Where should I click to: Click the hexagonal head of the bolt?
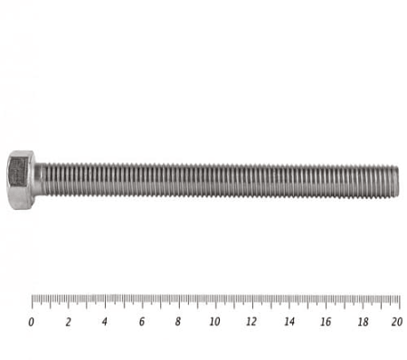click(21, 180)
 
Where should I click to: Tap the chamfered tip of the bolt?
click(396, 181)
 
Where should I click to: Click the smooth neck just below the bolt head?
click(40, 180)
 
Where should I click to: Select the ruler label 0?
click(31, 322)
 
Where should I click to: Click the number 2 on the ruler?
click(69, 322)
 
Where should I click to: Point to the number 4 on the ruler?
click(105, 322)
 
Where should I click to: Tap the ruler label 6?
click(142, 322)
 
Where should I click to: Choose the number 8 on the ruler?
click(178, 322)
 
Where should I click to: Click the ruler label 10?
click(214, 322)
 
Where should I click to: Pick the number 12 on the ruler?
click(251, 322)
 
